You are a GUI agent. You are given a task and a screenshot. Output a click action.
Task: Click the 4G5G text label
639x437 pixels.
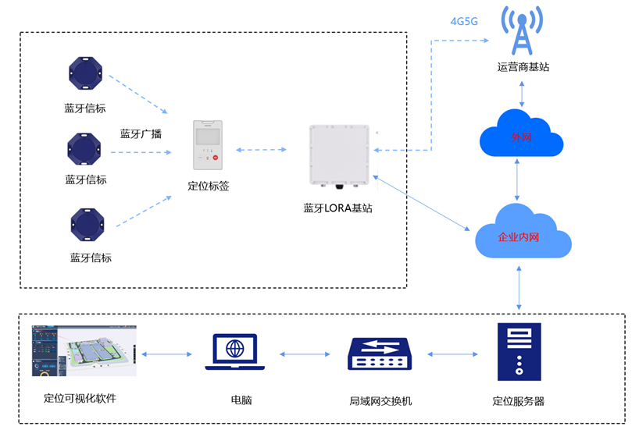(x=464, y=21)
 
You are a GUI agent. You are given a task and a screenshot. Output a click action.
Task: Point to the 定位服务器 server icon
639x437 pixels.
(x=519, y=352)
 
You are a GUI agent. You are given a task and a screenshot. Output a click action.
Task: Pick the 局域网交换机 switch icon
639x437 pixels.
(x=380, y=354)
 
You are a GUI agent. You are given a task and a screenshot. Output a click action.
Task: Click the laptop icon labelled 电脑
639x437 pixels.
(x=235, y=352)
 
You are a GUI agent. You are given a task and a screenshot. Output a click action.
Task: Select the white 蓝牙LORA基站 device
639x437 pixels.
(x=339, y=155)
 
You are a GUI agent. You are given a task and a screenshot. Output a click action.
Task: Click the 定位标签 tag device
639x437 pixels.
(x=208, y=145)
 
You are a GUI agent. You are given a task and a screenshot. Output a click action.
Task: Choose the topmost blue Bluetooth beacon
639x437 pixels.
(x=85, y=74)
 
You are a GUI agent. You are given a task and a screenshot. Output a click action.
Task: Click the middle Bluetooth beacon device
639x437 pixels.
(x=84, y=148)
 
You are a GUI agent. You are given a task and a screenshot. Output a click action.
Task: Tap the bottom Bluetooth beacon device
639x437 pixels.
(x=87, y=225)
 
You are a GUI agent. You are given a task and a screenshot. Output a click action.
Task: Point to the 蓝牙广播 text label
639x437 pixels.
(x=141, y=133)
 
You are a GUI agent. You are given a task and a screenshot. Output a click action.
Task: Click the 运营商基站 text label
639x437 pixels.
(x=523, y=67)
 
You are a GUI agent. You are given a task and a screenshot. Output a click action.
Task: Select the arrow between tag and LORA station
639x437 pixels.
(x=266, y=149)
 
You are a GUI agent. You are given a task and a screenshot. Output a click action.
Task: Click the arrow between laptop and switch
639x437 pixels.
(x=305, y=354)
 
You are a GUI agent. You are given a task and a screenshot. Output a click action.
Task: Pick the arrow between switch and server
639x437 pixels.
(x=453, y=354)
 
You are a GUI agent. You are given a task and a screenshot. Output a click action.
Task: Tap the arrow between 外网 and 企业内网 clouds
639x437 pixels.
(x=517, y=179)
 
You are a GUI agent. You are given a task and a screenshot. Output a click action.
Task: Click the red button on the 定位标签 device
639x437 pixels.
(x=215, y=158)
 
